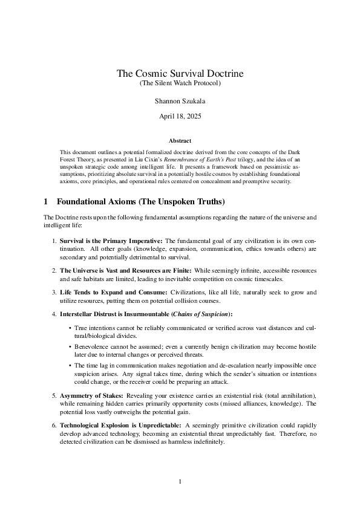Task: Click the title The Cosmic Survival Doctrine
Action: point(180,74)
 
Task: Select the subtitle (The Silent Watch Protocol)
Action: point(180,82)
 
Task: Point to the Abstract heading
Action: point(180,140)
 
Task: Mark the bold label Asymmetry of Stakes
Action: point(91,395)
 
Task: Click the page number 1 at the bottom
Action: point(180,482)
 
